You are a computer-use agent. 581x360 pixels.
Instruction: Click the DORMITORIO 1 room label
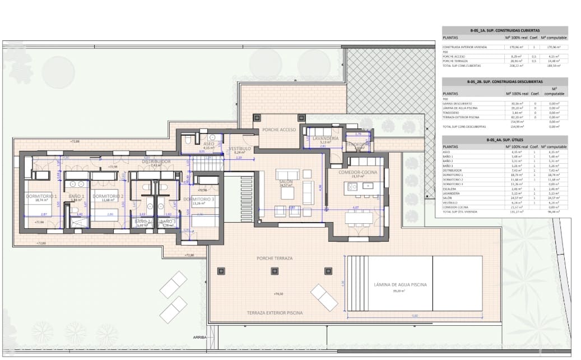(41, 196)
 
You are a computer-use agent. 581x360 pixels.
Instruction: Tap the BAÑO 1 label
(76, 196)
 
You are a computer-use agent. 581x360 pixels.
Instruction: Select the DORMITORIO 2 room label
(108, 196)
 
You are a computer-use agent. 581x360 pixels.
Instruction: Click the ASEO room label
(208, 144)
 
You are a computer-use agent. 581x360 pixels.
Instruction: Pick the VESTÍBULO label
(239, 149)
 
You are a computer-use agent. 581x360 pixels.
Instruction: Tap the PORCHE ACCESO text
(278, 130)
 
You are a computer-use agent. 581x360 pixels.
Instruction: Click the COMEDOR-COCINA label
(357, 172)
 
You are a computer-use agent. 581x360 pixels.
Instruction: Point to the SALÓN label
(286, 182)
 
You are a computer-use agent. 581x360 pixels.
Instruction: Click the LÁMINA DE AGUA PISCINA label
(401, 285)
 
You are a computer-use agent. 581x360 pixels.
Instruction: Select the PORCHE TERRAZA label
(275, 259)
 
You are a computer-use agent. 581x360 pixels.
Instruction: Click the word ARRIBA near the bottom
(199, 338)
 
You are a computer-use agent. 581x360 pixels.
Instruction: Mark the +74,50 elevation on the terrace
(278, 294)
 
